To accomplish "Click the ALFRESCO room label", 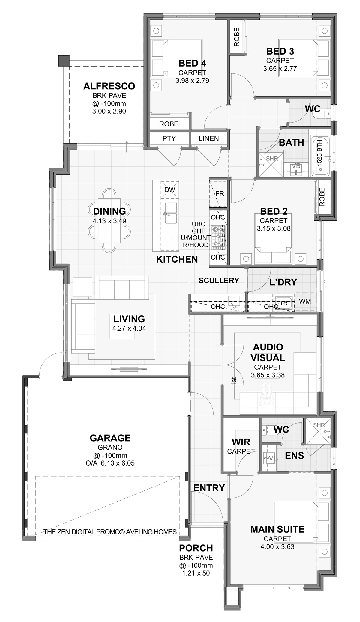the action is (x=109, y=86).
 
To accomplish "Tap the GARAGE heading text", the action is (x=110, y=438).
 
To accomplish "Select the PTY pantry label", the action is (x=169, y=138).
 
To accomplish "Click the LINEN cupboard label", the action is (x=209, y=138).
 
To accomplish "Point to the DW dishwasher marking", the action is (x=170, y=189).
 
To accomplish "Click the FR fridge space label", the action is (x=220, y=194).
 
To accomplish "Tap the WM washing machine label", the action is (x=305, y=301).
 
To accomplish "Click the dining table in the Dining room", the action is (x=109, y=220).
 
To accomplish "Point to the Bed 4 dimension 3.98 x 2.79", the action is (x=192, y=80).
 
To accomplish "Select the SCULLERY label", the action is (x=219, y=280).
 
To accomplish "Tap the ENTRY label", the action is (x=209, y=488).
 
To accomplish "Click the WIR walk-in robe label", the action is (x=241, y=442).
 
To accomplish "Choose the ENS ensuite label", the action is (x=294, y=456).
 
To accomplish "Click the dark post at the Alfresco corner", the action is (x=64, y=61).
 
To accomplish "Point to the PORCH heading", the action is (x=196, y=548).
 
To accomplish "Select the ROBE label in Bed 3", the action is (x=237, y=37).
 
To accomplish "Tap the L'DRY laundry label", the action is (x=283, y=282).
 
